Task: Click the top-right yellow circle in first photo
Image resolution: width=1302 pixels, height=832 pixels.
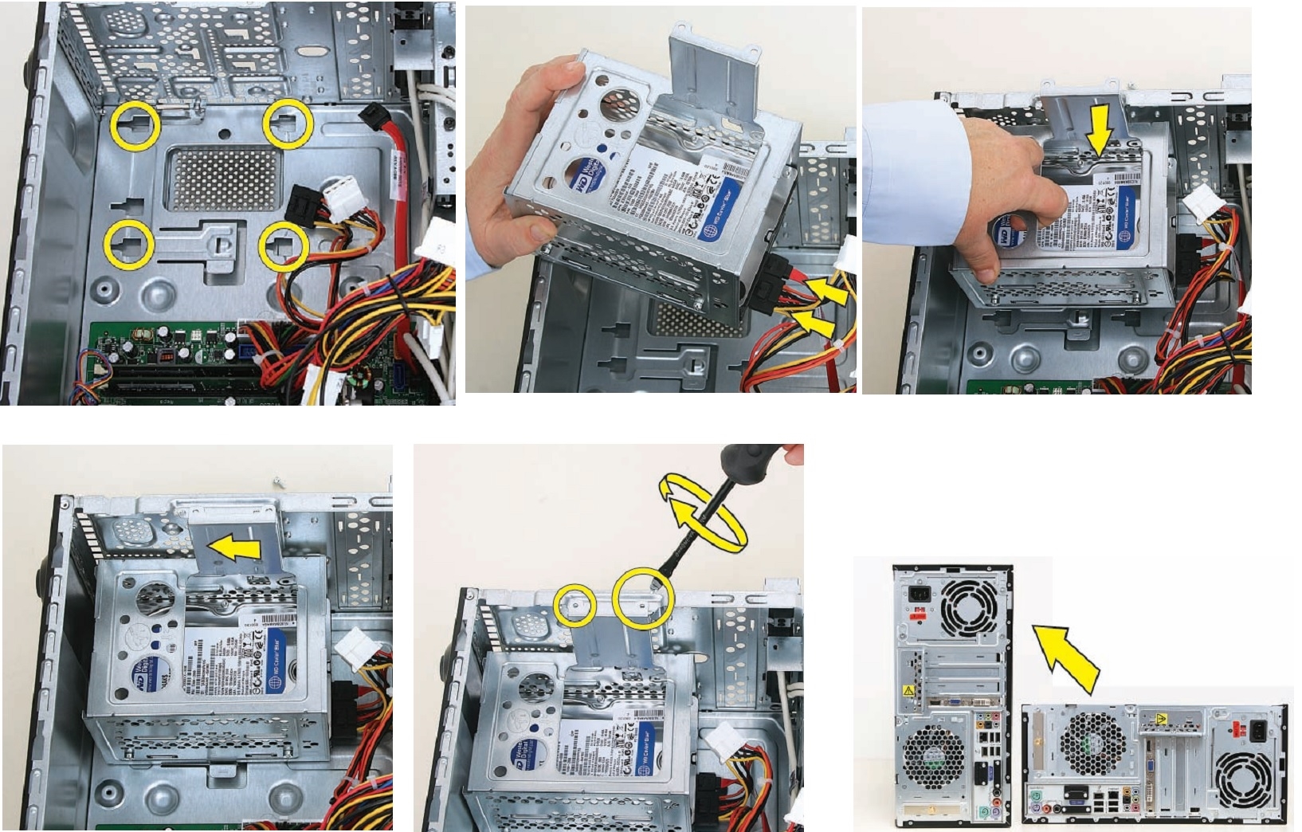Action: click(x=287, y=124)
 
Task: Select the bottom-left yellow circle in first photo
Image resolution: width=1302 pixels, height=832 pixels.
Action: click(x=128, y=245)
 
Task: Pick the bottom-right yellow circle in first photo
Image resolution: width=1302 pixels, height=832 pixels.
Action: click(x=284, y=245)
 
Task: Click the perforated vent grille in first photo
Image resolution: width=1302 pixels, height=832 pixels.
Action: click(x=222, y=179)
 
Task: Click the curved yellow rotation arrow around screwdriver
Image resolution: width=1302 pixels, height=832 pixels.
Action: click(x=701, y=514)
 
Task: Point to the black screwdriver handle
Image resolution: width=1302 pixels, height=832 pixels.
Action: click(x=745, y=462)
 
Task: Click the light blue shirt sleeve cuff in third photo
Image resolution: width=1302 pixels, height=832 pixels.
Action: click(x=916, y=171)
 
